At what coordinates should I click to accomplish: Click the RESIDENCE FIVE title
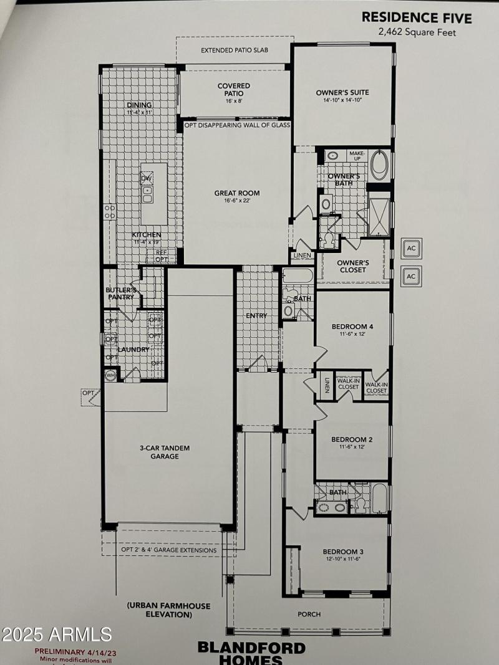tap(417, 17)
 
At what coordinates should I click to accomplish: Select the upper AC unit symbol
tap(411, 248)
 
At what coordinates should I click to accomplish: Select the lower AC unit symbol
tap(411, 275)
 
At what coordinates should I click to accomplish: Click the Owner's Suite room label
tap(342, 96)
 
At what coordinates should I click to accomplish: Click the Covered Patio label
tap(234, 90)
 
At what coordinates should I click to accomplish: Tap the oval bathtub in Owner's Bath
tap(379, 166)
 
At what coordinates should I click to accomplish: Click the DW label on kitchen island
tap(147, 179)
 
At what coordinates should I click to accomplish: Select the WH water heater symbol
tap(110, 375)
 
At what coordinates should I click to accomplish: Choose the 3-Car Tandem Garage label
tap(164, 452)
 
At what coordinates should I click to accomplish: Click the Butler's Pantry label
tap(120, 293)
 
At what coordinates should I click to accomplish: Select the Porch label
tap(309, 614)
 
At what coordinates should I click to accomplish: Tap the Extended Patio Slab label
tap(235, 50)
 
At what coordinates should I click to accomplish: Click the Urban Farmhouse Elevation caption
tap(160, 610)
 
